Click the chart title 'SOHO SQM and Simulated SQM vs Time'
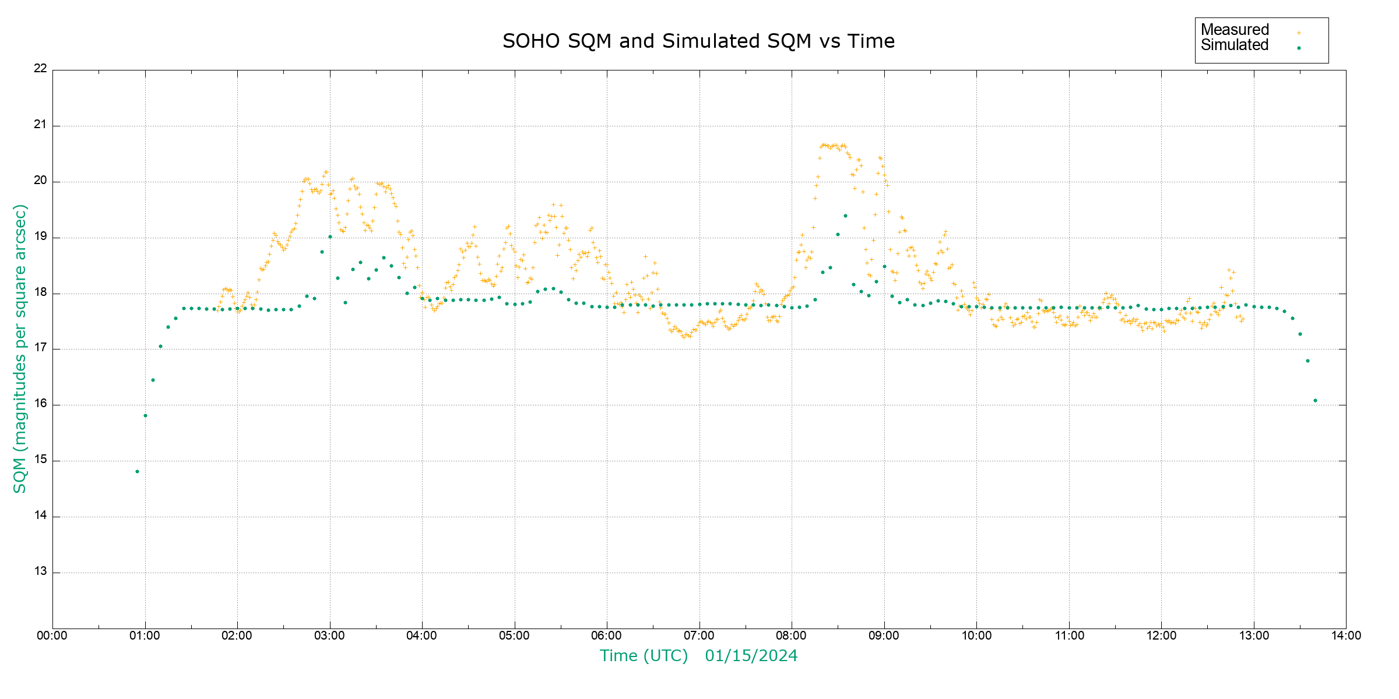[x=698, y=41]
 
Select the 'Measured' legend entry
[x=1235, y=30]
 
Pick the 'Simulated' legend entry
[x=1235, y=45]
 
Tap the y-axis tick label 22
[x=40, y=68]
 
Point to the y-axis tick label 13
[x=40, y=571]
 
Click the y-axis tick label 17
[x=40, y=348]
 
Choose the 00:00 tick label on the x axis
[x=52, y=636]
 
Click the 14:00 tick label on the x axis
[x=1346, y=636]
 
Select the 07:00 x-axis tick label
[x=699, y=636]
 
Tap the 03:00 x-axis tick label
[x=329, y=636]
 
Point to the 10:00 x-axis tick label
[x=976, y=636]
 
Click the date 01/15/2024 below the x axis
[x=751, y=656]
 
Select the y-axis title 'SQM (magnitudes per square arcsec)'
[x=20, y=348]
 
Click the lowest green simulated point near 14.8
[x=137, y=471]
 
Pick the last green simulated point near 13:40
[x=1315, y=400]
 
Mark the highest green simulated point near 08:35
[x=845, y=216]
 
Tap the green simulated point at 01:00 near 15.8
[x=145, y=415]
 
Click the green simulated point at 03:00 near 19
[x=330, y=236]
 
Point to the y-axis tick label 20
[x=40, y=181]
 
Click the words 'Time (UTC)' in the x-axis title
[x=644, y=656]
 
